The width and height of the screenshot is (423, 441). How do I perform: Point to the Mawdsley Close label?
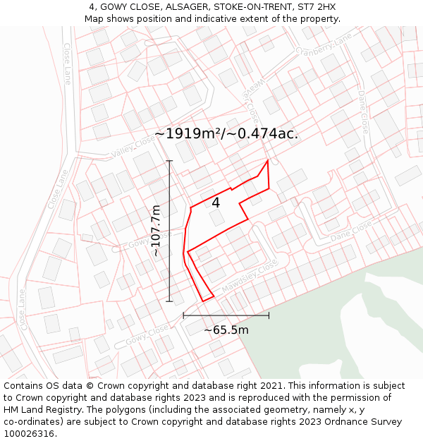250,279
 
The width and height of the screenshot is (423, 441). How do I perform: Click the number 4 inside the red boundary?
216,203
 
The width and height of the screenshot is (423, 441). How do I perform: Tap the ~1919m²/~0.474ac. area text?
226,133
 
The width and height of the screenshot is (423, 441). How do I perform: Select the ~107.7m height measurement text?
157,230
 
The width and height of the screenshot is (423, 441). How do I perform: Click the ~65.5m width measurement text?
226,330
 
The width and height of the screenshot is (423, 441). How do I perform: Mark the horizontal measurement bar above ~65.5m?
226,315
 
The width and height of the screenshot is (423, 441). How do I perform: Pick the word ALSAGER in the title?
164,7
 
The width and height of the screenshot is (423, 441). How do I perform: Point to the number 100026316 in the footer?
30,434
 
